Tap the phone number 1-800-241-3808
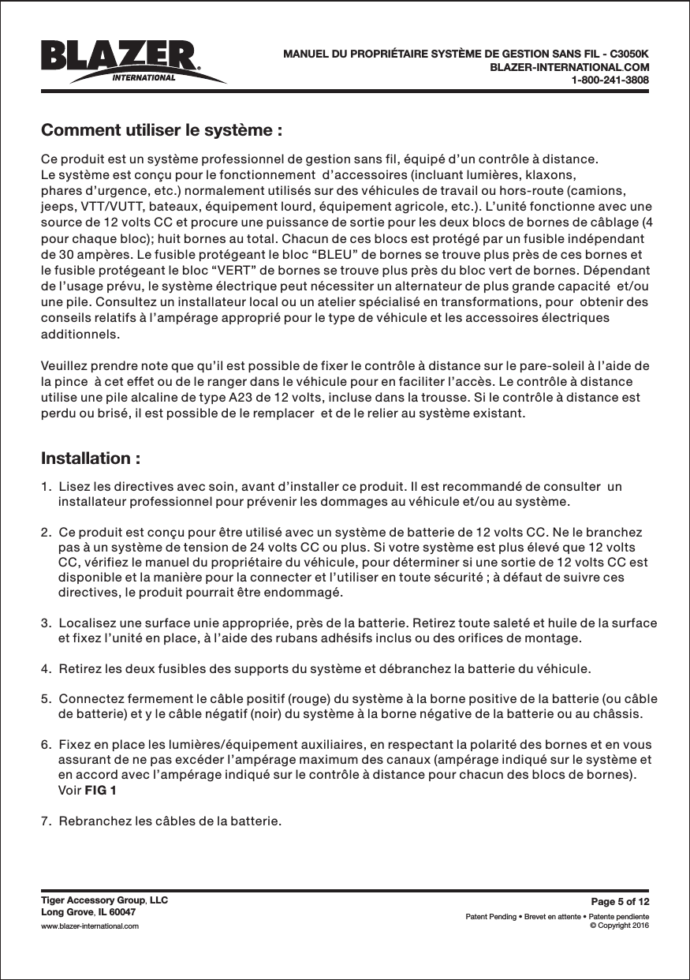click(x=610, y=80)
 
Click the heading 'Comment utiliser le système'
click(x=162, y=129)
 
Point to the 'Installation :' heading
click(x=91, y=458)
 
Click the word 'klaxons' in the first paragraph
click(x=551, y=174)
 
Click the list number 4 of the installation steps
click(x=45, y=670)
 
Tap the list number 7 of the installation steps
click(x=45, y=821)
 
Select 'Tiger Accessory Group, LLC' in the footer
click(x=104, y=900)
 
